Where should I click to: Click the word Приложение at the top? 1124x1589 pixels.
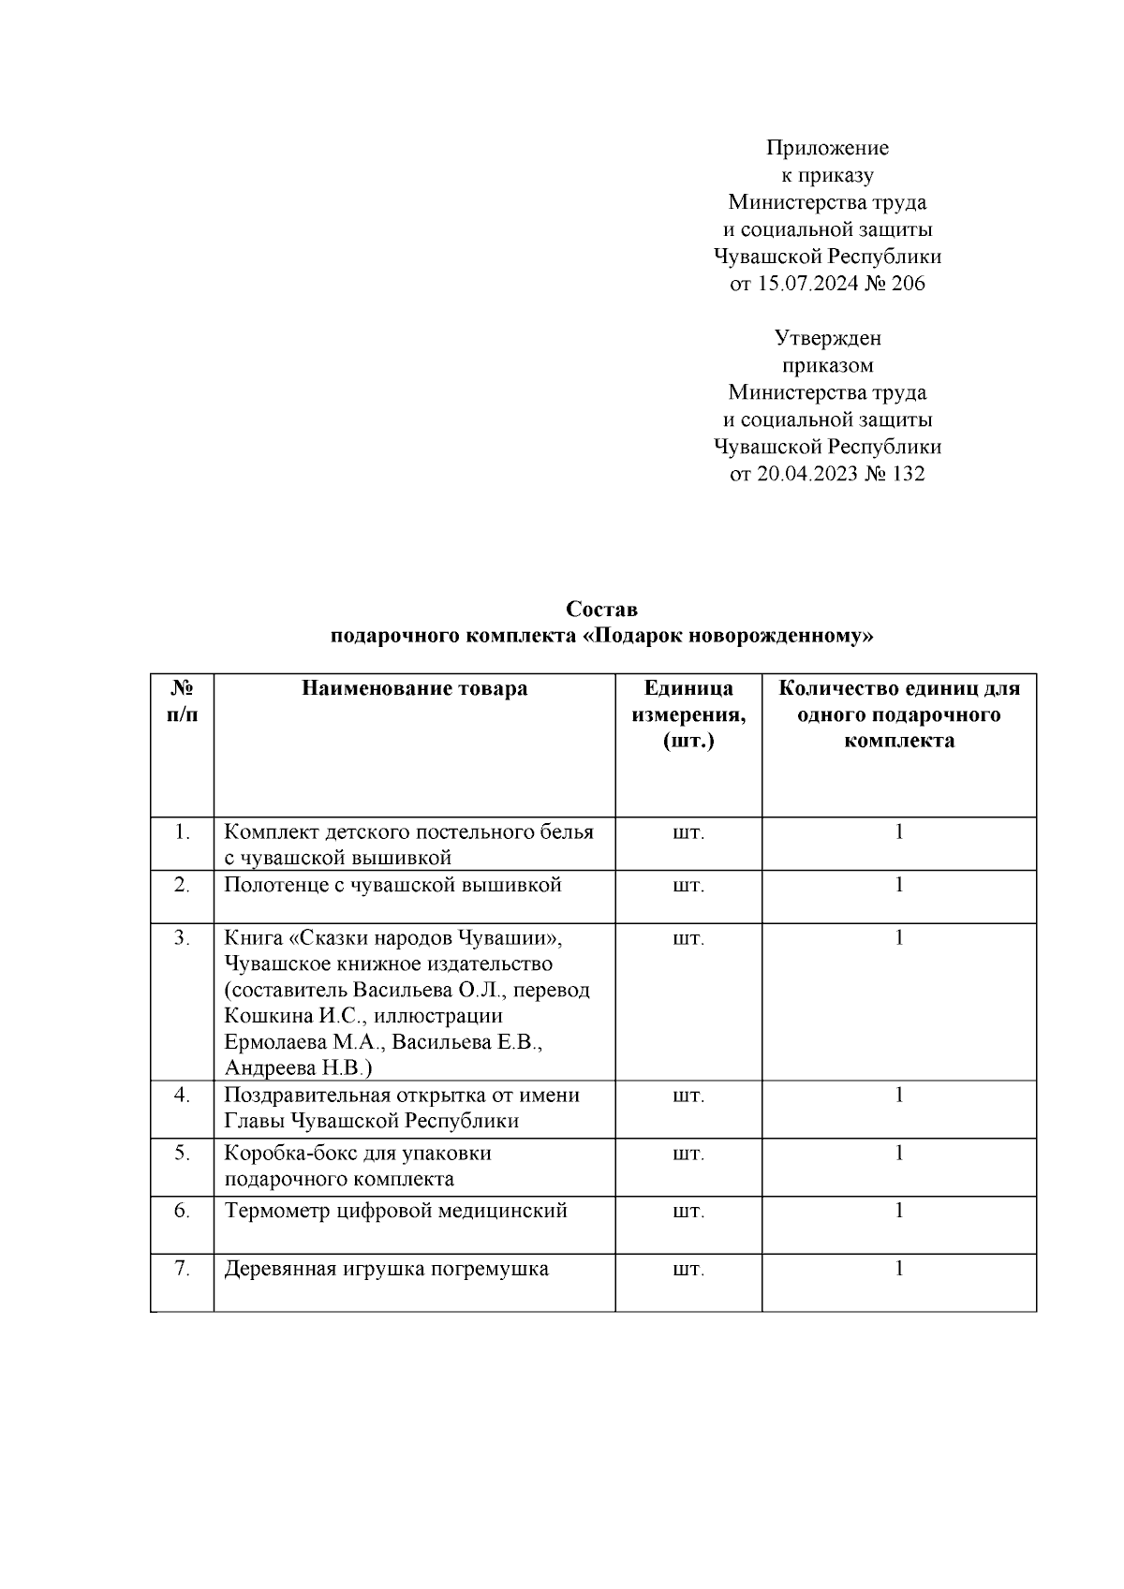pyautogui.click(x=827, y=148)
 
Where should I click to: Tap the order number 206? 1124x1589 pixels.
pyautogui.click(x=908, y=284)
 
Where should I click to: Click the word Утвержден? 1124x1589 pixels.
pyautogui.click(x=827, y=338)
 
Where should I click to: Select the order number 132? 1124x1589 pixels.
pyautogui.click(x=908, y=474)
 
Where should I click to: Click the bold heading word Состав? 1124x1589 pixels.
pyautogui.click(x=601, y=610)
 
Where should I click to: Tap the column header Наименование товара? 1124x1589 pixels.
pyautogui.click(x=414, y=689)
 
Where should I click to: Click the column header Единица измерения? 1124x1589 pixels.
pyautogui.click(x=688, y=714)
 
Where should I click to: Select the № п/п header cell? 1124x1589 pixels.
pyautogui.click(x=183, y=701)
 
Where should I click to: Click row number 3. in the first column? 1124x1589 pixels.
pyautogui.click(x=183, y=938)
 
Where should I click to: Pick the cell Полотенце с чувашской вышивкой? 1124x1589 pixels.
pyautogui.click(x=392, y=885)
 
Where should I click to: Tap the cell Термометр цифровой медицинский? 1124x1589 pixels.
pyautogui.click(x=395, y=1211)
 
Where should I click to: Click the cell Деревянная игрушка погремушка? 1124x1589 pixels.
pyautogui.click(x=386, y=1270)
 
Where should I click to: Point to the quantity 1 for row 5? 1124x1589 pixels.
pyautogui.click(x=899, y=1153)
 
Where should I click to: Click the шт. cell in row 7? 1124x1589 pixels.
pyautogui.click(x=688, y=1270)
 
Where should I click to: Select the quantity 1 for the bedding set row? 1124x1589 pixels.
pyautogui.click(x=899, y=831)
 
